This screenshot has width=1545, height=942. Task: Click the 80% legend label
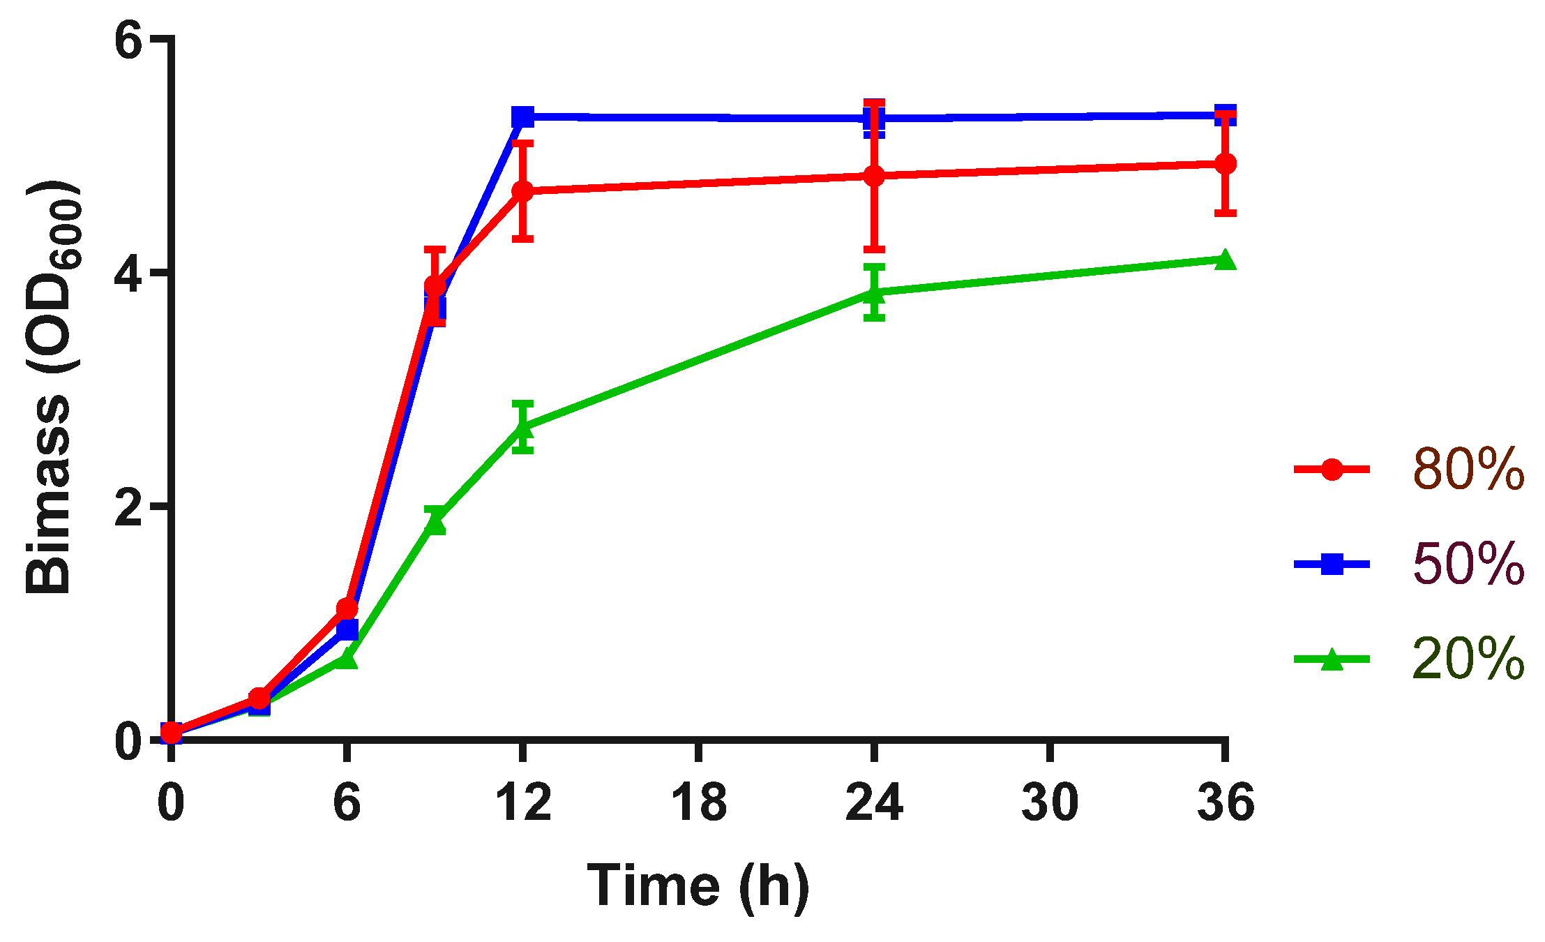coord(1468,469)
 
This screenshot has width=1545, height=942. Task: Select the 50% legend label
coord(1468,564)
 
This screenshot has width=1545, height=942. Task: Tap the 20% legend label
coord(1468,659)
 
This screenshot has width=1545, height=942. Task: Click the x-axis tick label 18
coord(698,802)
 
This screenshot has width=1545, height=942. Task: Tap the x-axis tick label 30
coord(1050,802)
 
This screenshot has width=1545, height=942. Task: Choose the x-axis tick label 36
coord(1226,802)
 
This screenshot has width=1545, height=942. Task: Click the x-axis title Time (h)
coord(698,885)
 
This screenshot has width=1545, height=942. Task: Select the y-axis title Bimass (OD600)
coord(50,387)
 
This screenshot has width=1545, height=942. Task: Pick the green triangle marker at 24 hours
coord(874,294)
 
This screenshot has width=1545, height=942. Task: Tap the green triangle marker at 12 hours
coord(522,428)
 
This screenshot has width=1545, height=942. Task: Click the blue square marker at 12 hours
coord(522,117)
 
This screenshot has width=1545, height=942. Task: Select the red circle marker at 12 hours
coord(522,191)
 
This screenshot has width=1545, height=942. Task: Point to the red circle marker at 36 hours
coord(1226,164)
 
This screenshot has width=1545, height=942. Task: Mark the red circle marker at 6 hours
coord(347,608)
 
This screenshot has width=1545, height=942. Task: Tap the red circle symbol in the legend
coord(1332,469)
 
